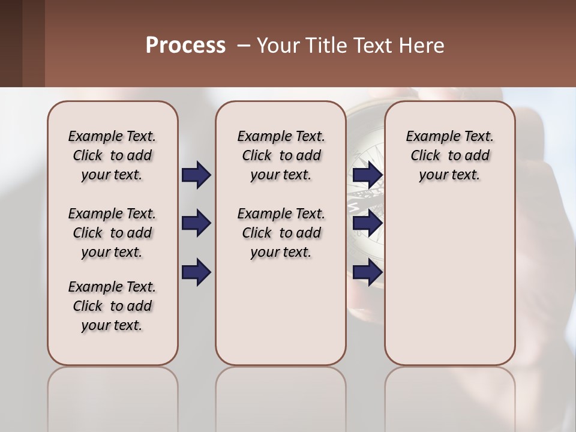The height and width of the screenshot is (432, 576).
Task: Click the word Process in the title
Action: pos(185,46)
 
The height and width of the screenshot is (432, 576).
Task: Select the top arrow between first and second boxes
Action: pos(196,175)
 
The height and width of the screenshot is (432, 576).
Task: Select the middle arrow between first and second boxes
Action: pos(196,223)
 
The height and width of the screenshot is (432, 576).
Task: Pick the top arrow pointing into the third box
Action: pos(367,175)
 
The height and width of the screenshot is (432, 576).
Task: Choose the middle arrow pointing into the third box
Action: pos(367,223)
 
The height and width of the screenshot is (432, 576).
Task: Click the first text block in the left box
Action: pos(112,155)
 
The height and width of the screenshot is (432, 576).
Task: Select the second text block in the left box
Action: pos(112,233)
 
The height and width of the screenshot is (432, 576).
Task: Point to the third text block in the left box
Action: pos(112,306)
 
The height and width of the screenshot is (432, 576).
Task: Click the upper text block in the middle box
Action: pos(281,155)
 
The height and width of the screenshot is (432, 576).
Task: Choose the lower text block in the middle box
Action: pos(281,233)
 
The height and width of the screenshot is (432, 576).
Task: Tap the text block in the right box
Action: pos(449,155)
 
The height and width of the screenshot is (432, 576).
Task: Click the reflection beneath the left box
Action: pos(112,396)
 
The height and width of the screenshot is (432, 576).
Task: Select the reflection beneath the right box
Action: pos(449,396)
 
